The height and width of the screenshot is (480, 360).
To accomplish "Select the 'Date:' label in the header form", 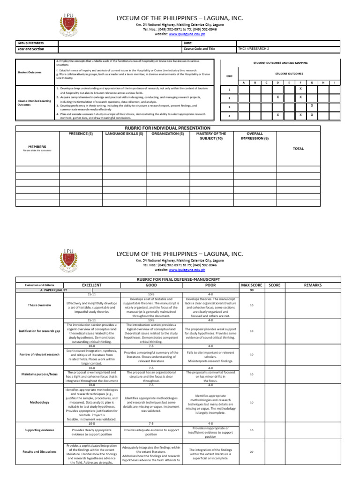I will point(188,43).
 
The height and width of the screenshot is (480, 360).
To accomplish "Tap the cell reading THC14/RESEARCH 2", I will point(253,49).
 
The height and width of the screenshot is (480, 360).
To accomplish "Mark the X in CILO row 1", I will point(300,89).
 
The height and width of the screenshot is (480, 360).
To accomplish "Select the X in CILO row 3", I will point(312,106).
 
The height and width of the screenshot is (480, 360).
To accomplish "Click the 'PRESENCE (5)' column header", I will point(81,134).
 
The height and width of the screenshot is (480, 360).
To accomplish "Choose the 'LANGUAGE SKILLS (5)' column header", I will point(124,134).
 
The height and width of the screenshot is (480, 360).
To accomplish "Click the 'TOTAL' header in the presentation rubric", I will point(298,149).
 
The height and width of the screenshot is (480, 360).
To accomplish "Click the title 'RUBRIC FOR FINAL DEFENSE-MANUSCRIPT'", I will point(180,279).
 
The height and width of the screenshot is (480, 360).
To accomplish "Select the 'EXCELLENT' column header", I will point(92,285).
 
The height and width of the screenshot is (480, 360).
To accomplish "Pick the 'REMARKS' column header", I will point(313,285).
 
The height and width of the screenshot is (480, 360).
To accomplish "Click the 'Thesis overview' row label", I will point(39,305).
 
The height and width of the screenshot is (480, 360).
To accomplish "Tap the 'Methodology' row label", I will point(39,402).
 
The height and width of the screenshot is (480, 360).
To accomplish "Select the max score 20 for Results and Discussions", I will point(252,452).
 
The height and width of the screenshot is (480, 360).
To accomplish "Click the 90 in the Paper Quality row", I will point(252,290).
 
